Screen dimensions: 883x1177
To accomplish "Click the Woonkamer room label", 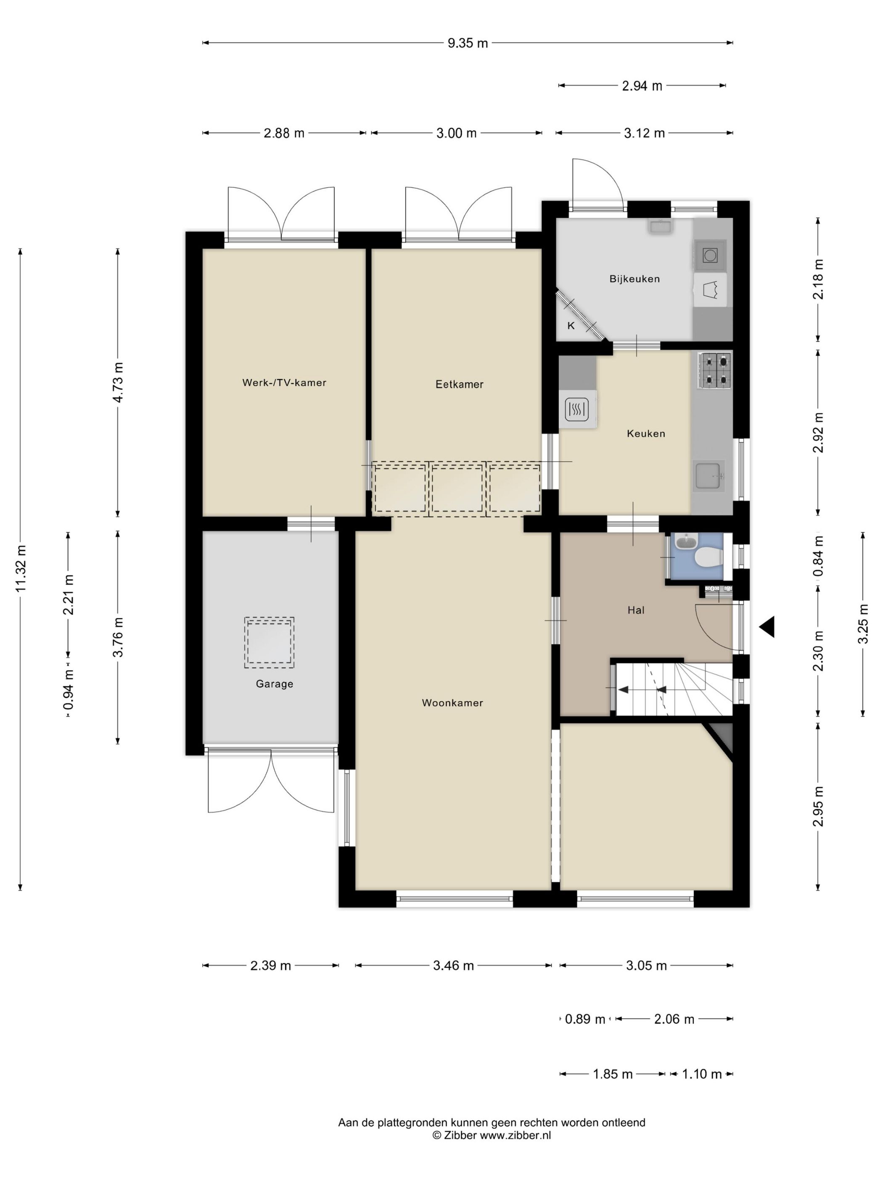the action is [x=452, y=702].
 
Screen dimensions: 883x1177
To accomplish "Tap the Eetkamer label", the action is [x=459, y=384].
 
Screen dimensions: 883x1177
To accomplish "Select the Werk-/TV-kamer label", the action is [x=284, y=382].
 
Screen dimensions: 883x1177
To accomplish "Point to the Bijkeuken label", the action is [x=634, y=279].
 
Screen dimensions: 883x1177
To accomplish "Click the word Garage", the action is [x=274, y=684].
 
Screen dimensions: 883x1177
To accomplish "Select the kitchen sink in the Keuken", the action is [x=709, y=475].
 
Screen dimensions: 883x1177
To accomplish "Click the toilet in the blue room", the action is [x=709, y=557].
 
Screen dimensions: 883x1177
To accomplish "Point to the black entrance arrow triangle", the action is [x=768, y=627].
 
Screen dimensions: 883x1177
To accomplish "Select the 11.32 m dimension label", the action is [x=20, y=568].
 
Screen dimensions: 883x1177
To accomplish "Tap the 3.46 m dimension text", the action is [x=453, y=965].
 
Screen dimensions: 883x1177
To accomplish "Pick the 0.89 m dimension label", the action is [x=584, y=1019].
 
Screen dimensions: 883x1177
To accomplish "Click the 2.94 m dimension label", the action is [x=642, y=86].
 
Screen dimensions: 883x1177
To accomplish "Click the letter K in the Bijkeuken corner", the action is [x=571, y=326].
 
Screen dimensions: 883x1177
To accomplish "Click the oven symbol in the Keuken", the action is [x=577, y=409].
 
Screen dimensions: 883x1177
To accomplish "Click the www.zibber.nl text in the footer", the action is [x=515, y=1135].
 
